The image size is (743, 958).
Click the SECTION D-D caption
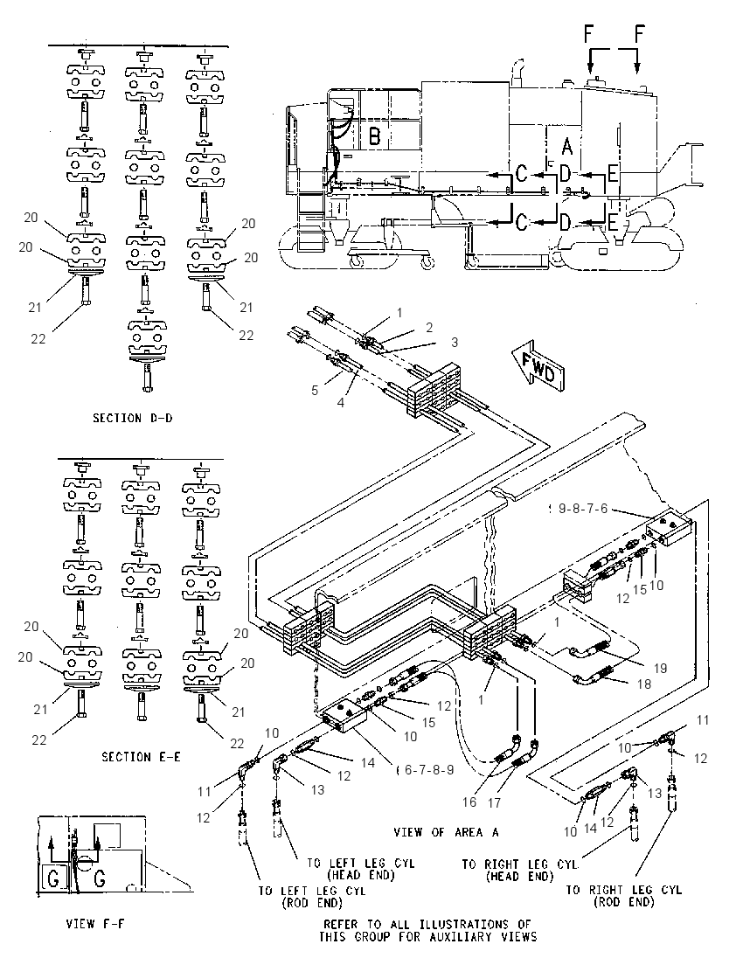pos(133,418)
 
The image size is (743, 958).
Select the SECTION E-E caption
pos(141,757)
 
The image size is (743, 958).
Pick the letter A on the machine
pos(567,146)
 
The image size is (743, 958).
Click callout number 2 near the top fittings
pos(429,328)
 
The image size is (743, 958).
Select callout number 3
pos(454,342)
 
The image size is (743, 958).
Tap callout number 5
pos(315,391)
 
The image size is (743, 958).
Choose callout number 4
pos(341,403)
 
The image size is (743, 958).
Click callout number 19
pos(660,669)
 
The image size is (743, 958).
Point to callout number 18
pos(644,684)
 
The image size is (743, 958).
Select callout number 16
pos(469,802)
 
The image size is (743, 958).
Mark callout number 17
pos(494,802)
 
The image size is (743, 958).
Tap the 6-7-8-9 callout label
pos(429,770)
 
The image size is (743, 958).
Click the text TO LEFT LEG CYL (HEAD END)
pos(360,869)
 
